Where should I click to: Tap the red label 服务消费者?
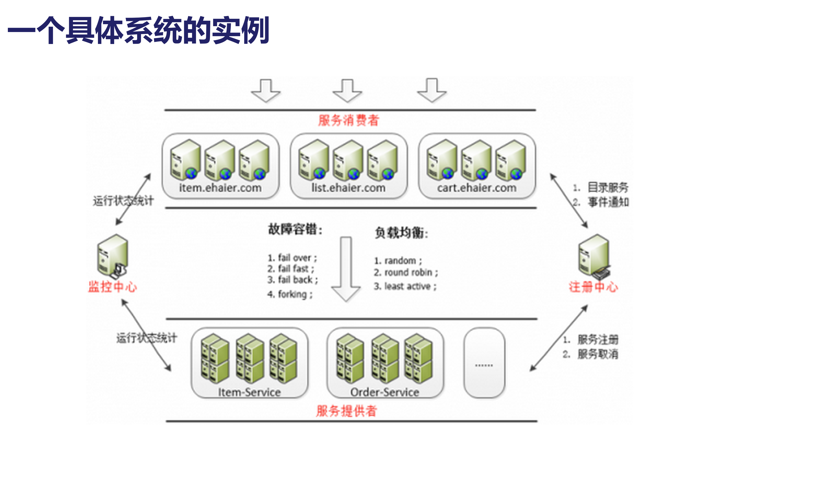[348, 120]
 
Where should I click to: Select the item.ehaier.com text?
[220, 188]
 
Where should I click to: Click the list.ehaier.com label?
[348, 188]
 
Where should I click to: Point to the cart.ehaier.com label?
[476, 188]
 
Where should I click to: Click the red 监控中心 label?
[112, 287]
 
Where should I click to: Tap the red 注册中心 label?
[593, 287]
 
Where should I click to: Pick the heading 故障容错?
[295, 229]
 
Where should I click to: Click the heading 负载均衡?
[401, 233]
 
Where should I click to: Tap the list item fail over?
[292, 258]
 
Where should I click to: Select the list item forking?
[290, 294]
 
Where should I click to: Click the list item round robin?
[405, 273]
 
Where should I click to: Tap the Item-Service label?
[250, 392]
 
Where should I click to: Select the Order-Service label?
[384, 392]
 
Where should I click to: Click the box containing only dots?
[484, 363]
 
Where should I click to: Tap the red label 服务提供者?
[346, 411]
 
